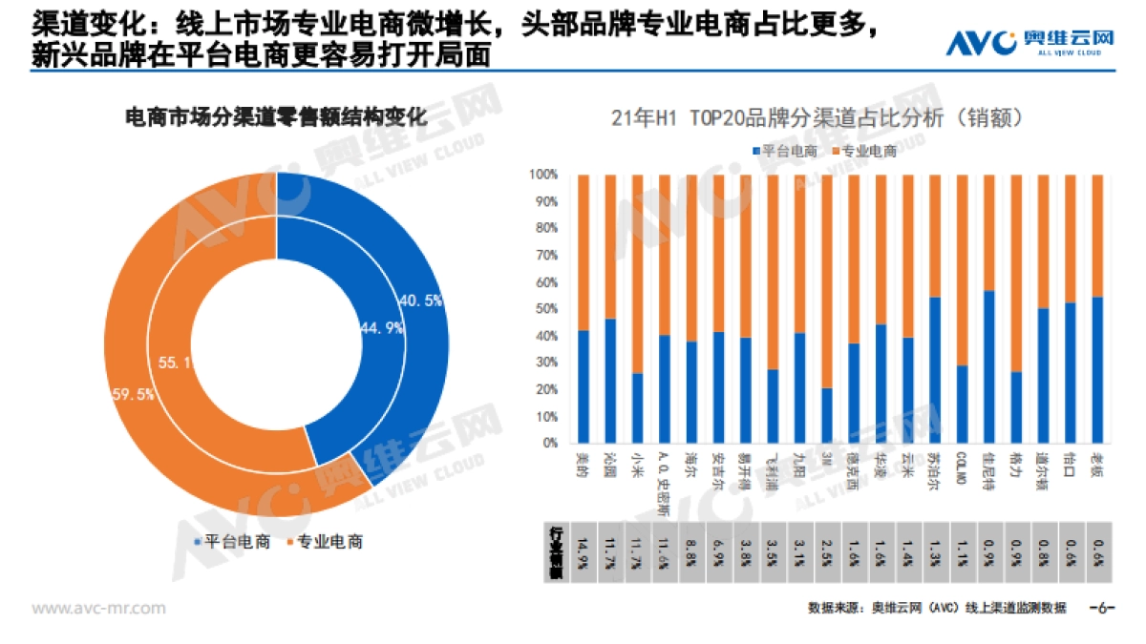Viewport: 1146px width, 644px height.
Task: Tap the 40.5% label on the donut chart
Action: (x=421, y=301)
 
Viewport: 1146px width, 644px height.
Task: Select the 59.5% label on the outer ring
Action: (x=132, y=395)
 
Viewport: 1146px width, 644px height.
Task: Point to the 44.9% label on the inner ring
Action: (x=381, y=327)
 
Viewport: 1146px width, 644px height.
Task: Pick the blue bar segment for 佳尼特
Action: (x=989, y=366)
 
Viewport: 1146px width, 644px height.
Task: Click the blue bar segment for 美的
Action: (x=584, y=386)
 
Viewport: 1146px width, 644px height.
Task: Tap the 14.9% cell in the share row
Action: (x=584, y=550)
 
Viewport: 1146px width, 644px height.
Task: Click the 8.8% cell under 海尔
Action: (x=691, y=550)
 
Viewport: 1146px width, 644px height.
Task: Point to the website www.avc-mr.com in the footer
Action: (x=99, y=608)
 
